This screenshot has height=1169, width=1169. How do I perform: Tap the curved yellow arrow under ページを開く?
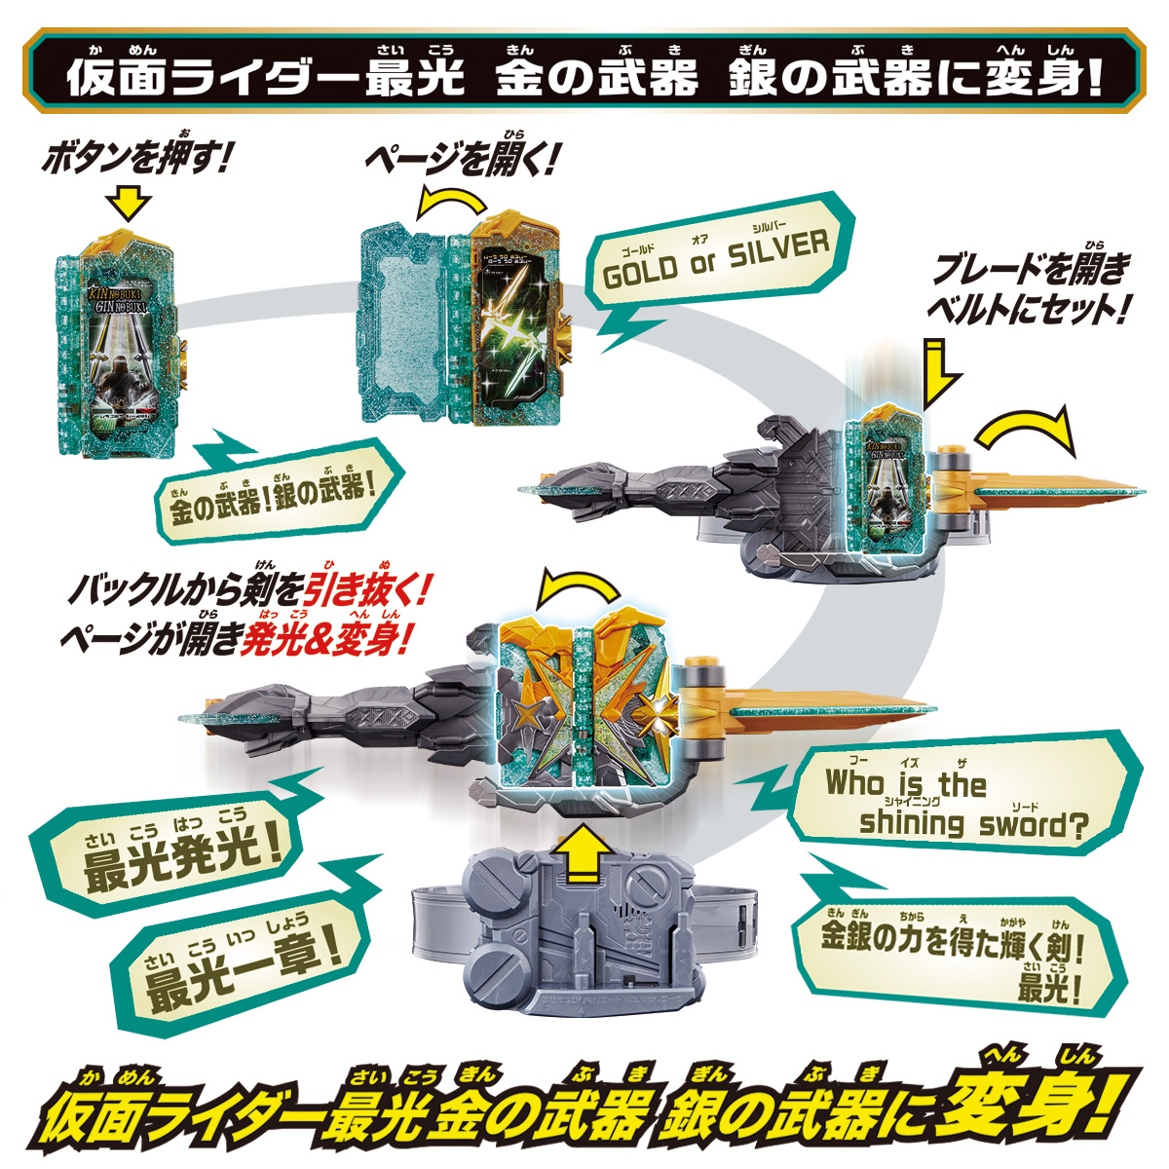pos(451,203)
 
